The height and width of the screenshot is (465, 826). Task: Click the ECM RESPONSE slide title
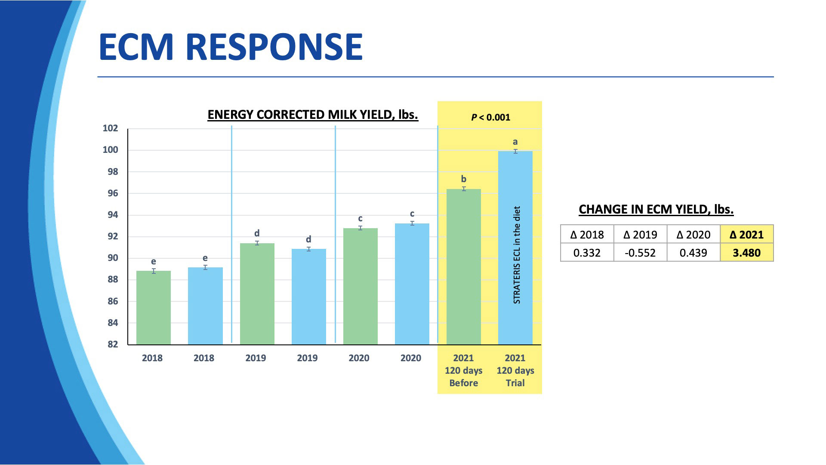pos(231,46)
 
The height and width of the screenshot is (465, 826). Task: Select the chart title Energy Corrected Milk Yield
pos(313,115)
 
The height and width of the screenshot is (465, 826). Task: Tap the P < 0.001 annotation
pos(490,117)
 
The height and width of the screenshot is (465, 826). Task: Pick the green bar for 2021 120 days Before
pos(463,267)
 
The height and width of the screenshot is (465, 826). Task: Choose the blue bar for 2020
pos(412,284)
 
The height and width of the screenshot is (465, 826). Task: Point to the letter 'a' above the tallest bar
pos(515,142)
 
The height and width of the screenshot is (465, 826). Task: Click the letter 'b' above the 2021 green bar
pos(463,179)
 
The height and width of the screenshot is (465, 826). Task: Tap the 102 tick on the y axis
pos(110,128)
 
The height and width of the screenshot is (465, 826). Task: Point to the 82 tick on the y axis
pos(112,344)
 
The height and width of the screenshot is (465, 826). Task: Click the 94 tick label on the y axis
pos(112,215)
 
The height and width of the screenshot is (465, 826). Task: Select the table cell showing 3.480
pos(746,253)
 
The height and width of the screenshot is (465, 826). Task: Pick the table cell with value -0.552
pos(640,253)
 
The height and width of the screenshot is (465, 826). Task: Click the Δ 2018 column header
pos(587,235)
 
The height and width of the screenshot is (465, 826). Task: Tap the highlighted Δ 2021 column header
pos(746,235)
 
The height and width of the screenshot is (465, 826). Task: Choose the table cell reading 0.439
pos(693,253)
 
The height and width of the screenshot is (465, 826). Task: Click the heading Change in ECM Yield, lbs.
pos(656,210)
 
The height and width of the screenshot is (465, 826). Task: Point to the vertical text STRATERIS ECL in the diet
pos(517,255)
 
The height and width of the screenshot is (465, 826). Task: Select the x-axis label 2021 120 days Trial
pos(515,370)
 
